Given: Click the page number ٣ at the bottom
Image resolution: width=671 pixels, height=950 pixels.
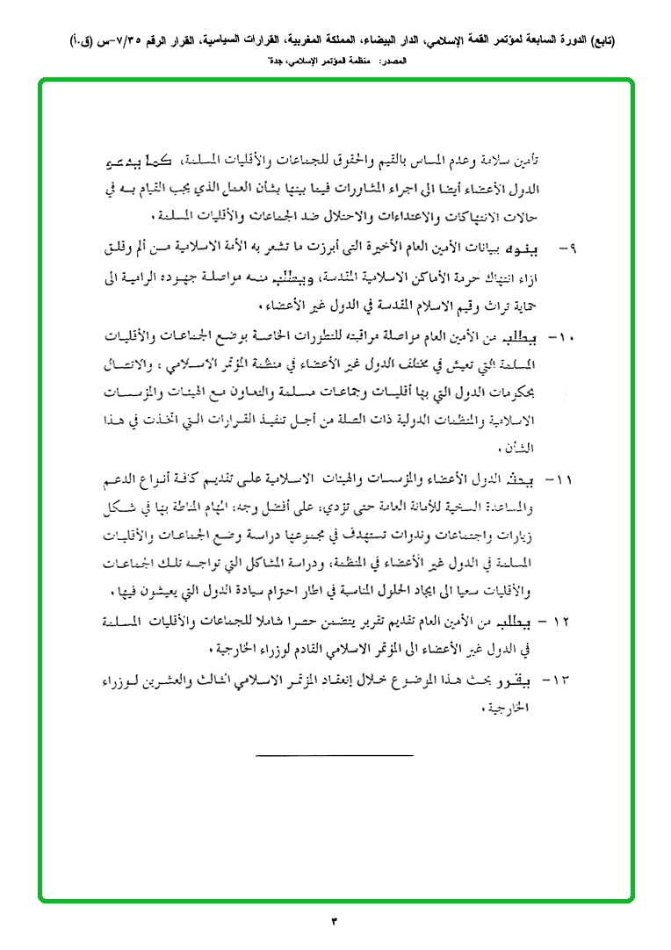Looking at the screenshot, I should click(x=335, y=920).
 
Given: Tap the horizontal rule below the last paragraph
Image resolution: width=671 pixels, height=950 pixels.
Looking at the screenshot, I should click(x=335, y=755).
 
